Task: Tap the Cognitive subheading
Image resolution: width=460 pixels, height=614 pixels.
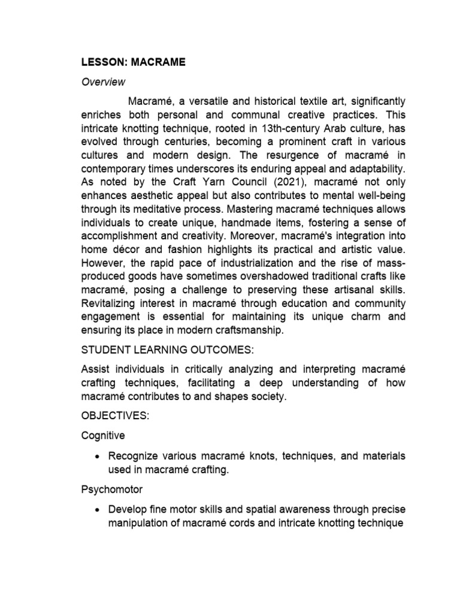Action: (x=104, y=436)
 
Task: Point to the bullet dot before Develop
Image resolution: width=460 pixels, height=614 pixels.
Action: (x=97, y=510)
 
